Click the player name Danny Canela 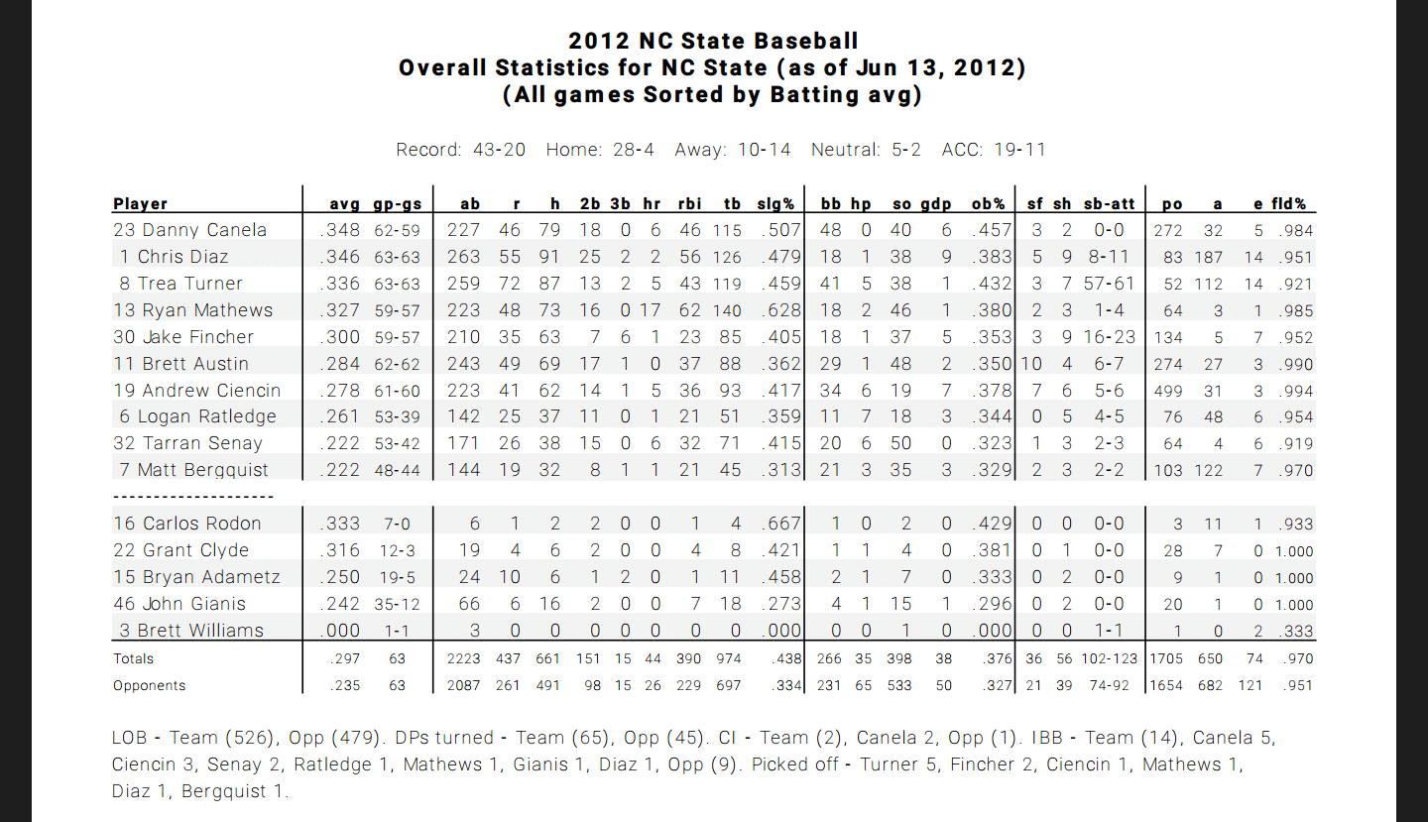pos(204,230)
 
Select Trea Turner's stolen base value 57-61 pos(1110,284)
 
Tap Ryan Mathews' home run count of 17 pos(651,310)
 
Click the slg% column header pos(775,204)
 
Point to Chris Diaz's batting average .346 pos(339,257)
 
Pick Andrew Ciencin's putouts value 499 pos(1168,391)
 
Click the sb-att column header pos(1110,204)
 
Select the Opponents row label pos(149,685)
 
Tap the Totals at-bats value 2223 pos(463,658)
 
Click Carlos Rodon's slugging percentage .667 pos(780,524)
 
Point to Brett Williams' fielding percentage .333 pos(1295,631)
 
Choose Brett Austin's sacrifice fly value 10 pos(1031,364)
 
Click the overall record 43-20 pos(499,150)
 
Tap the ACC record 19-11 pos(1020,150)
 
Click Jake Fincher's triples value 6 pos(626,337)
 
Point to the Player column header pos(140,204)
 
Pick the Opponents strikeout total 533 pos(898,685)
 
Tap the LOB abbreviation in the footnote pos(129,738)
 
